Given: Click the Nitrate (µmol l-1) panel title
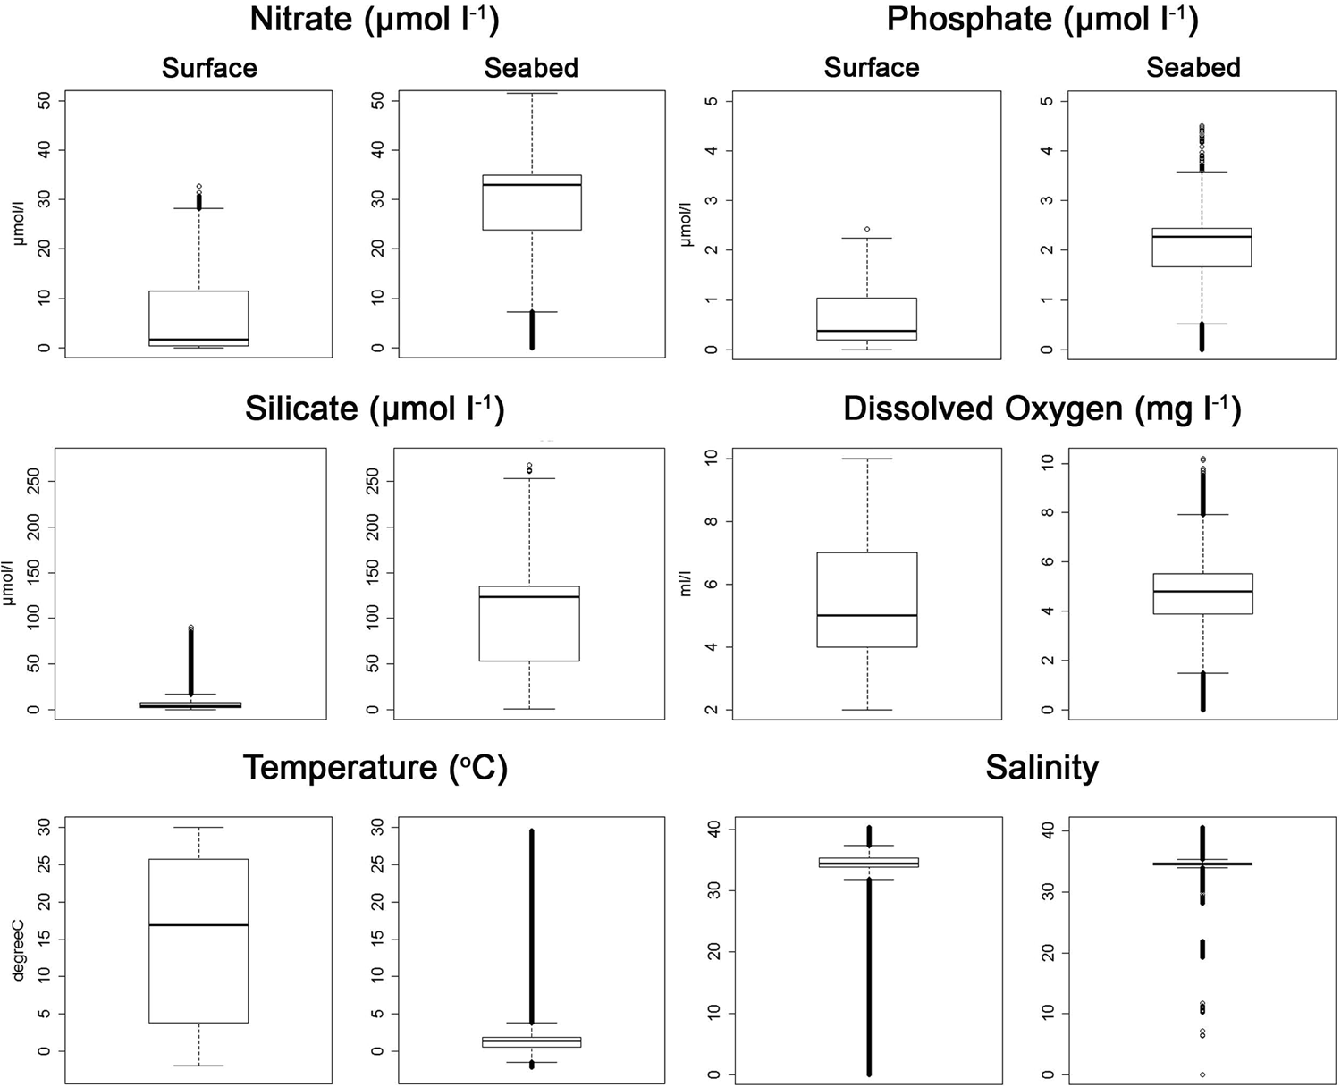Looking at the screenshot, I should [374, 20].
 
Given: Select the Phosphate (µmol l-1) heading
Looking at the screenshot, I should [1042, 20].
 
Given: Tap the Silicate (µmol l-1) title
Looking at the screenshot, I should [374, 409].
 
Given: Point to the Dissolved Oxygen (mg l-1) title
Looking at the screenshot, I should [1042, 409].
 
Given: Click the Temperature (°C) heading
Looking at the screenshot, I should [375, 768].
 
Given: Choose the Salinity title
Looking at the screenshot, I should [1042, 768].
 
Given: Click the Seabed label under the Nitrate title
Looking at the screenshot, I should [531, 68].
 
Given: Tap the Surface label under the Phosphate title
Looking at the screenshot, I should [872, 68].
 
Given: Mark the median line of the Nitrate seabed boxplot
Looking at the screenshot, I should [532, 184].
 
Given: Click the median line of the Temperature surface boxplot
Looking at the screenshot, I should [198, 925].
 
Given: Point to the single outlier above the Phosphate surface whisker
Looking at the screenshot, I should [867, 229].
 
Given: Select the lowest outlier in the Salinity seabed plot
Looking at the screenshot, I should [1202, 1074].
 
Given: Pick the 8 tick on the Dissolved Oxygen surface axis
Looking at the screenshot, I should [713, 521].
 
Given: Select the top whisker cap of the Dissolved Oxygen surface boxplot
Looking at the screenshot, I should [867, 459].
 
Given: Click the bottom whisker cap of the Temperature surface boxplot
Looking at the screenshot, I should [198, 1066].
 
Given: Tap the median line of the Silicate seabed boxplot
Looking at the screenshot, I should [529, 596].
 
